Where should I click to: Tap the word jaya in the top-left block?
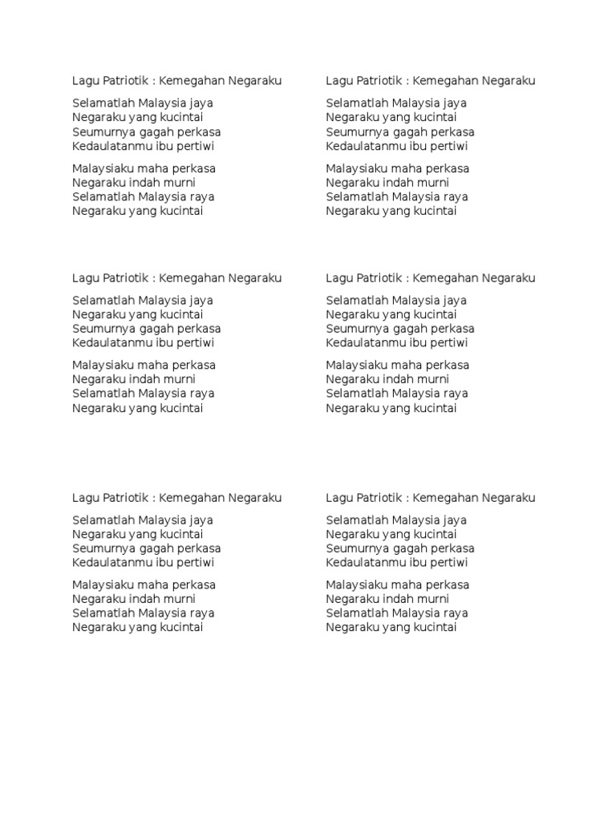click(200, 103)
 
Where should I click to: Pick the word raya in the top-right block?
click(455, 197)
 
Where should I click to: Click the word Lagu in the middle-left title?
click(86, 278)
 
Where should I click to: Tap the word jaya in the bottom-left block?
click(200, 520)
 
